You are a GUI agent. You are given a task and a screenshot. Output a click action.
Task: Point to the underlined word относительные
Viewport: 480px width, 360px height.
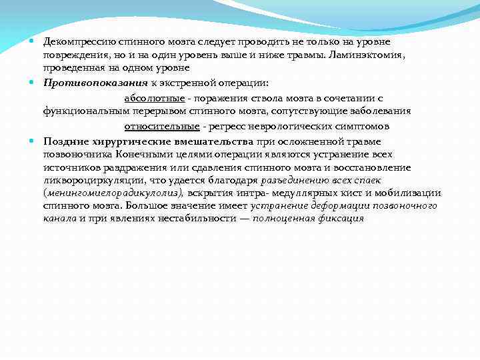tap(161, 126)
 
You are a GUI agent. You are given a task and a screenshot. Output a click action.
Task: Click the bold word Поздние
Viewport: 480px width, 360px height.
tap(65, 141)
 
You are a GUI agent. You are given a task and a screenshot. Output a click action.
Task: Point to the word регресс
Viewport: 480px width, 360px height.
tap(224, 126)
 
